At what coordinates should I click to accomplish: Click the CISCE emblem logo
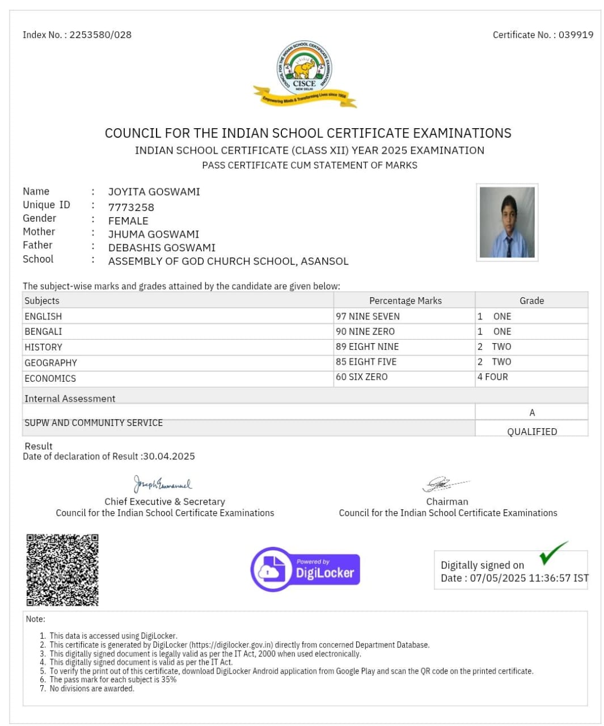pos(305,73)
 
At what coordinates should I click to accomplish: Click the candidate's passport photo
pos(507,222)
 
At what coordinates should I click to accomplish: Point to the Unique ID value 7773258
pos(131,207)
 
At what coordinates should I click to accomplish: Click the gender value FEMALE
pos(128,221)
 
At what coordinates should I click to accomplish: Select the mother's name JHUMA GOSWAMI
pos(154,234)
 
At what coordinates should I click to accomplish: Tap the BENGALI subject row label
pos(43,331)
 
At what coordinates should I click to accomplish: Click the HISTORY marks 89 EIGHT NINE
pos(367,347)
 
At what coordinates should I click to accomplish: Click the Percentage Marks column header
pos(405,301)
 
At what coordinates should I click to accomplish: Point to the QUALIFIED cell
pos(531,431)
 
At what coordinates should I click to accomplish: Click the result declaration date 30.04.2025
pos(169,456)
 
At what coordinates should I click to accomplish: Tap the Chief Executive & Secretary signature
pos(163,484)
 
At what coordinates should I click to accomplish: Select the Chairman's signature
pos(444,484)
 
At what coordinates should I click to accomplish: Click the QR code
pos(62,569)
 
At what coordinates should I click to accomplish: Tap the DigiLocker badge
pos(306,569)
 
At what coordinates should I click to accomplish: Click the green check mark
pos(552,553)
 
